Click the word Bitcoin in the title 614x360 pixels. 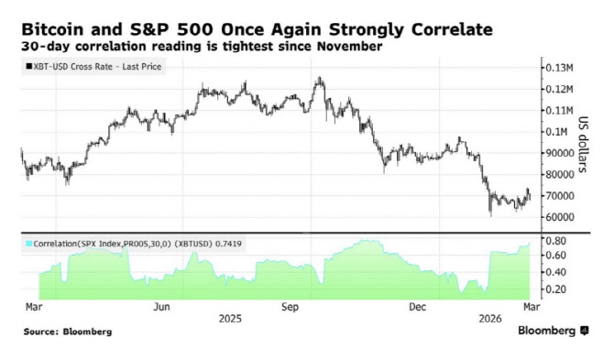click(52, 29)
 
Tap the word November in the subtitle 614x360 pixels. click(349, 46)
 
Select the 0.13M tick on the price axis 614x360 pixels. click(560, 68)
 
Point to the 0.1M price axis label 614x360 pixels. click(556, 132)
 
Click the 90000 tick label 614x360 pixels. click(560, 153)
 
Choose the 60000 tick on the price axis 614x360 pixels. click(560, 217)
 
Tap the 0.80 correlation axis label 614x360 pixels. click(556, 241)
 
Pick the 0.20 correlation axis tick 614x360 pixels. click(556, 289)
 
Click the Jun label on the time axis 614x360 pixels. click(161, 307)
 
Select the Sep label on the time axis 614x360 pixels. click(290, 307)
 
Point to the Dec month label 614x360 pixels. click(417, 307)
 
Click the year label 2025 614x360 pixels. click(230, 319)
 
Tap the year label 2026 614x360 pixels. click(490, 319)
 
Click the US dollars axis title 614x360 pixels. click(584, 145)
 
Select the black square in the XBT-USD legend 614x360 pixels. click(29, 67)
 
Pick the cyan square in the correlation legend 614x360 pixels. click(29, 244)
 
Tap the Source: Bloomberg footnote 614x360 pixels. click(68, 332)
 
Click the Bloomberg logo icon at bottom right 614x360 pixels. click(585, 331)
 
